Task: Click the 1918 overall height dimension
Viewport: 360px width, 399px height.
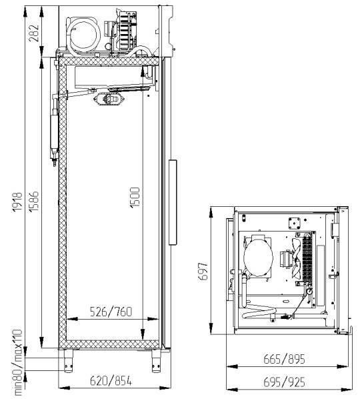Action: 18,202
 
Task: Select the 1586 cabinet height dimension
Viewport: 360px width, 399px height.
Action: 34,201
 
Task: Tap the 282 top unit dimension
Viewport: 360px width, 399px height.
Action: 34,33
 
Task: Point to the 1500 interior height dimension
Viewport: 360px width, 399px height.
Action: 135,197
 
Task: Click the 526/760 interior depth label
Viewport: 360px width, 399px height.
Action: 111,312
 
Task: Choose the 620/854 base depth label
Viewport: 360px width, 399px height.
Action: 111,381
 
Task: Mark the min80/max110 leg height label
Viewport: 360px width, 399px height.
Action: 18,362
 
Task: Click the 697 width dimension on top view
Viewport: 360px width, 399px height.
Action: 203,272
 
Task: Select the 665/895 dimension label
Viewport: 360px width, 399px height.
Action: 284,359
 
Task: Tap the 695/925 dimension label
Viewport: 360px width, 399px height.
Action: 284,382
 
